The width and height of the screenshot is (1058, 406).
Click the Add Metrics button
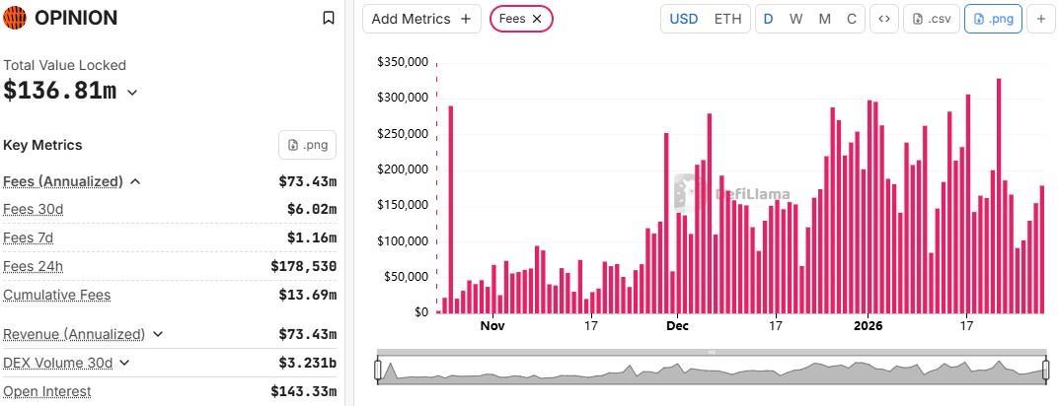coord(421,19)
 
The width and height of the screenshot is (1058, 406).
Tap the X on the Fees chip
coord(536,19)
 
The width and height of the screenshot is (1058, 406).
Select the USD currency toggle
coord(683,19)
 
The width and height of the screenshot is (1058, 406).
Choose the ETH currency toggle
coord(727,19)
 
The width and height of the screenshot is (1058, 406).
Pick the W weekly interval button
coord(795,19)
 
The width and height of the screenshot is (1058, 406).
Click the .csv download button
coord(933,19)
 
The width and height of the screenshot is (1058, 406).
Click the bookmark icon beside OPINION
coord(329,18)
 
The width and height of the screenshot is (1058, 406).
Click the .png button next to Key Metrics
coord(307,145)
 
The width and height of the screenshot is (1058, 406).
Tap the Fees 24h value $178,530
coord(303,266)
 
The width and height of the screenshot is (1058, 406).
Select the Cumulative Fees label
coord(56,295)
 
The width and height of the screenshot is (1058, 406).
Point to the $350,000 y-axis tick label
coord(402,62)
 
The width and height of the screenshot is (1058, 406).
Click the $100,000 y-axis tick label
coord(402,241)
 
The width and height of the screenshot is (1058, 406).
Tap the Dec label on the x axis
coord(678,325)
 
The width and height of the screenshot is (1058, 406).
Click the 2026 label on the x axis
coord(868,325)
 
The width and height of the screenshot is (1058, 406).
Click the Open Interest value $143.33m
coord(303,391)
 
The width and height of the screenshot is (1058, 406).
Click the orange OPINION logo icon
coord(16,18)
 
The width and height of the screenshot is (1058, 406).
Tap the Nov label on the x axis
coord(492,325)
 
